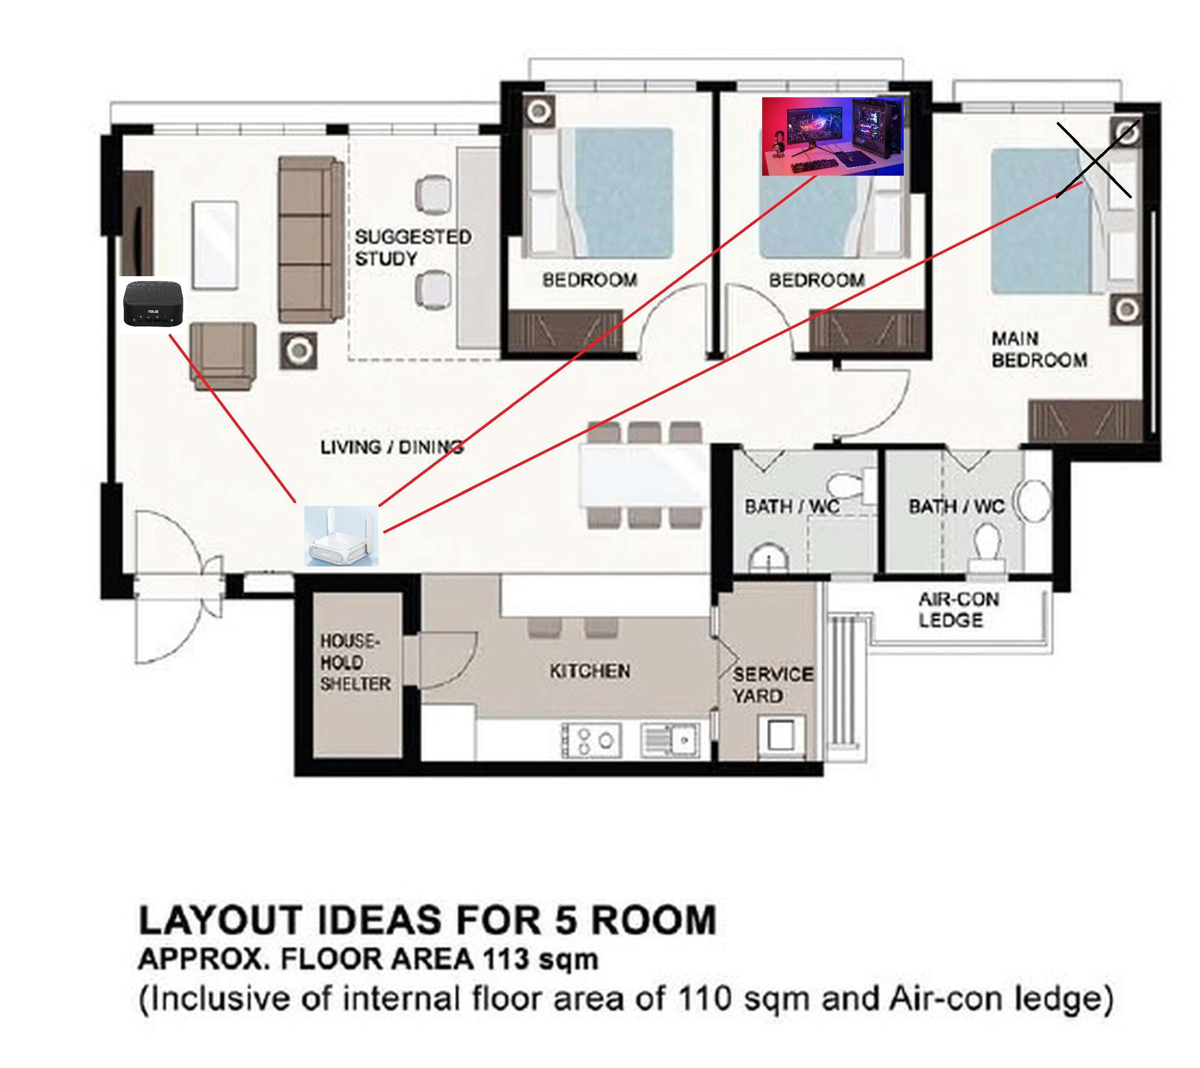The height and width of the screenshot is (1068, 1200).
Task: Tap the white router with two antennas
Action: click(x=341, y=536)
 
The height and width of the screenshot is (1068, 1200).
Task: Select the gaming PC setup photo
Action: click(x=832, y=136)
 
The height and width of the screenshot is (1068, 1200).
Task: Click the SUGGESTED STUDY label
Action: click(x=413, y=248)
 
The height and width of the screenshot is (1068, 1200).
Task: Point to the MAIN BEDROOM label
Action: click(x=1039, y=349)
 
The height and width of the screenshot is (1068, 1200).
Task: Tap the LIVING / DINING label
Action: click(x=391, y=448)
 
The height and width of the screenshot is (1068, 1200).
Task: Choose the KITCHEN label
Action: click(x=590, y=671)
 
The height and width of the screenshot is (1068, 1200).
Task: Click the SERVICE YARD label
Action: click(x=772, y=685)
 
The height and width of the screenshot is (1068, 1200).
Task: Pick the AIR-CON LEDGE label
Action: click(x=959, y=610)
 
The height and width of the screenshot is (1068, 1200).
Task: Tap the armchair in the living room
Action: click(x=223, y=356)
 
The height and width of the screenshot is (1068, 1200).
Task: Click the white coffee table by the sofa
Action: click(x=216, y=245)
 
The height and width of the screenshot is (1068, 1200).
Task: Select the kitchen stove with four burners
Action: click(x=591, y=740)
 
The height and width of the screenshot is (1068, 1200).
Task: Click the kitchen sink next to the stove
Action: click(x=670, y=740)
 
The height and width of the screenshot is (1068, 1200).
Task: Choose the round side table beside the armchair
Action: click(x=299, y=351)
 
